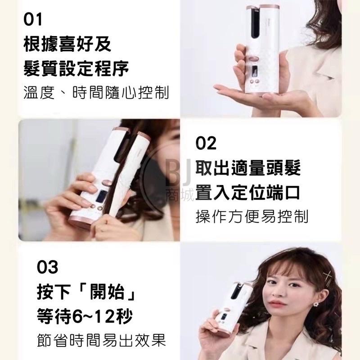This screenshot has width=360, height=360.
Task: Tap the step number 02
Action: point(206,144)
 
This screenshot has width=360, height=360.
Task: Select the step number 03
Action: point(47,268)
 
